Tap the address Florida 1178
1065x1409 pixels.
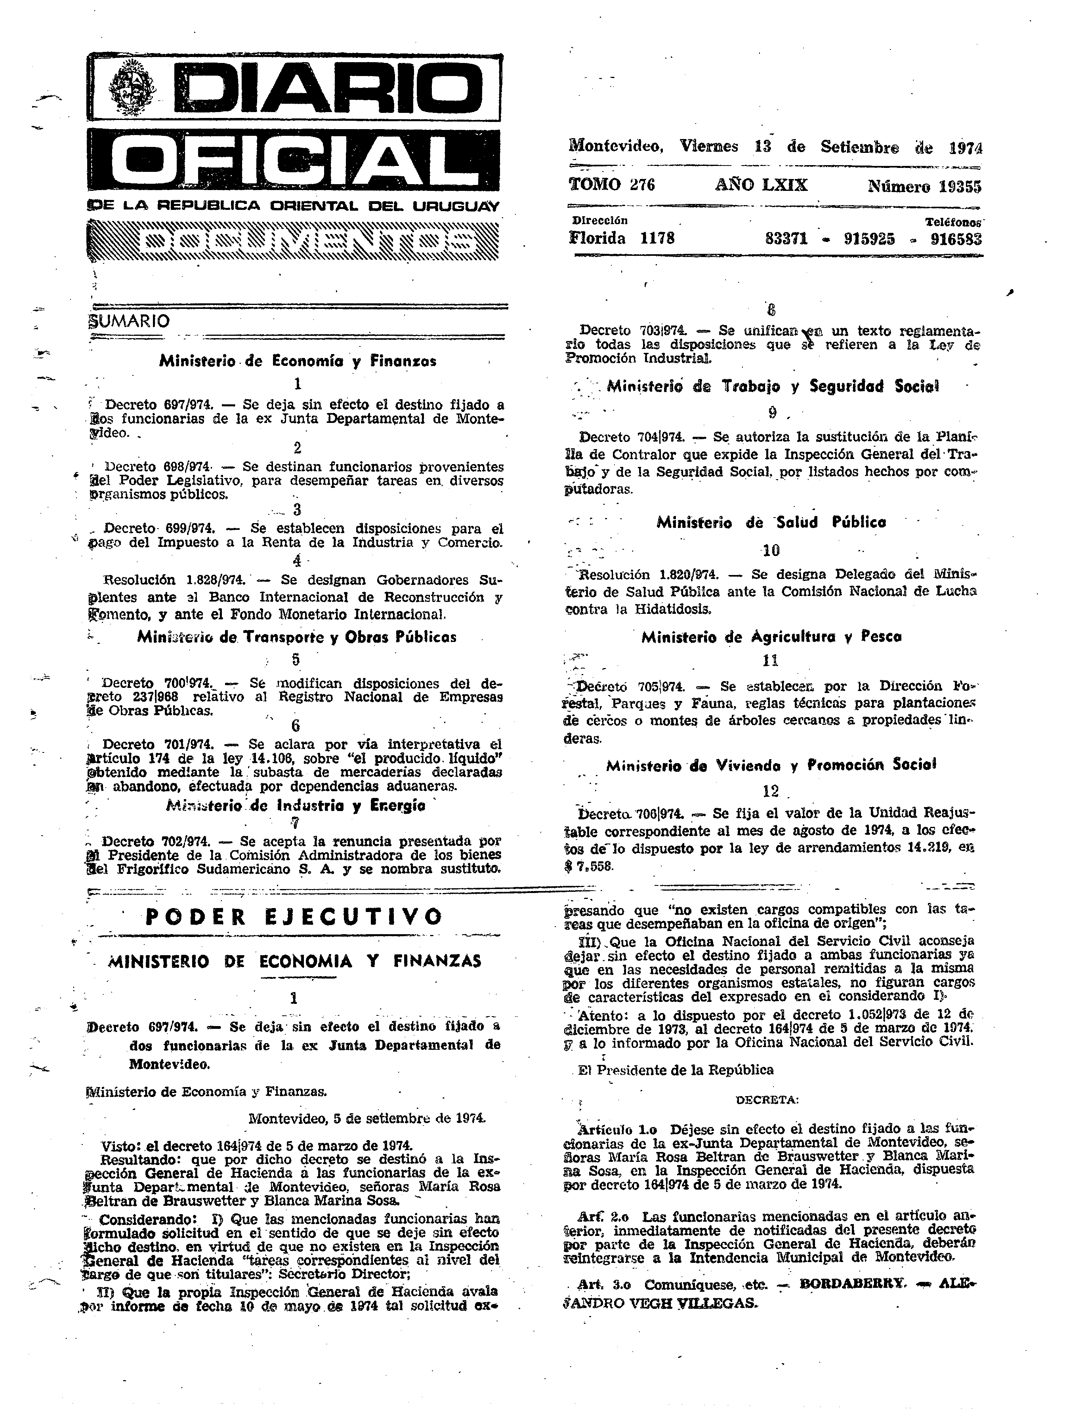tap(621, 238)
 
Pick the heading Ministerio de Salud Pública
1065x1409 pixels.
tap(771, 522)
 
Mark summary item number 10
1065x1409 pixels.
tap(771, 550)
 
